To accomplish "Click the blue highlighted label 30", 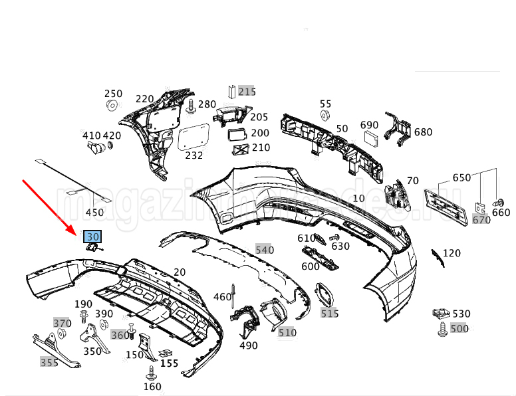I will coord(92,236).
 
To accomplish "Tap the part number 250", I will coord(113,94).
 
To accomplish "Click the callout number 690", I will coord(369,124).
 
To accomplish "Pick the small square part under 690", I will coord(370,138).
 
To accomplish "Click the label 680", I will coord(423,132).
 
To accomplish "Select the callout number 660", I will coord(501,213).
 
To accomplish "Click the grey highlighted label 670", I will coord(481,219).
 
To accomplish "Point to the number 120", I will coord(451,253).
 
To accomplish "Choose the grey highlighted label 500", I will coord(459,328).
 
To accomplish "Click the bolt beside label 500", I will coord(442,328).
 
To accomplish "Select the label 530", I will coord(461,314).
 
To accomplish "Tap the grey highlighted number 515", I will coord(329,313).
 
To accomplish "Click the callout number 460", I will coord(222,297).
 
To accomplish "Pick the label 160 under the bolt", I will coord(152,387).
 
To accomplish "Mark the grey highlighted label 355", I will coord(49,362).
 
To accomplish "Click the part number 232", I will coord(193,155).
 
